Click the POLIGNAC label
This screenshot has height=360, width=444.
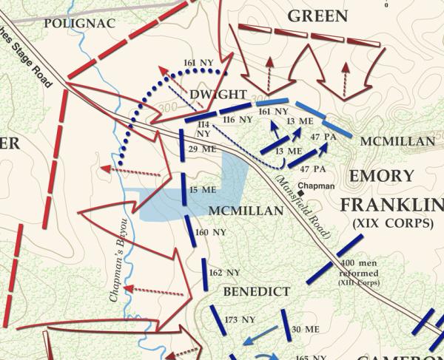tap(79, 23)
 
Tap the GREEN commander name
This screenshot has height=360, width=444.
tap(317, 16)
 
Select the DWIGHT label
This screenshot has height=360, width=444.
tap(217, 95)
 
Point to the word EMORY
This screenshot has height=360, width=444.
tap(381, 177)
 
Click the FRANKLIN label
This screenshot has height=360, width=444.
tap(392, 203)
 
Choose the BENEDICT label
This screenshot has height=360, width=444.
tap(256, 291)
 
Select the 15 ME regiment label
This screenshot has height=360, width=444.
tap(203, 190)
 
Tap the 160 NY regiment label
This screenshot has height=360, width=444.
tap(210, 233)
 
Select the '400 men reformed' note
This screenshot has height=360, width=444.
tap(360, 273)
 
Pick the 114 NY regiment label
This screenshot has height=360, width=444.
tap(203, 130)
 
